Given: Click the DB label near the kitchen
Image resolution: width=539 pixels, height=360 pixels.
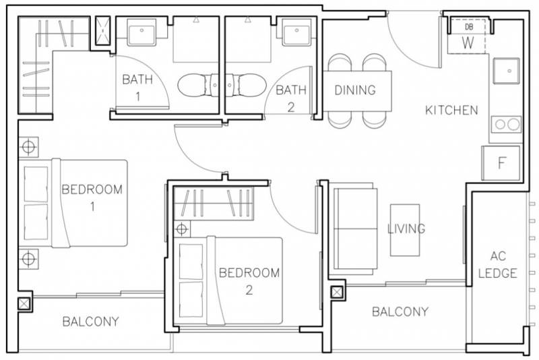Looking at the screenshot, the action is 468,27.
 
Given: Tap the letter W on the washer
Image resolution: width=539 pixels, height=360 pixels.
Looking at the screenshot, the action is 468,43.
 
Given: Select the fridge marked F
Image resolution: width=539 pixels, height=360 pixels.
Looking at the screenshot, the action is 501,163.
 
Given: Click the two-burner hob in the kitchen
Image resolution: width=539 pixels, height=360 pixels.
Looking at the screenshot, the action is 506,124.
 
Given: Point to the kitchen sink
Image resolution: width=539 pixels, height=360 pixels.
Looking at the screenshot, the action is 506,71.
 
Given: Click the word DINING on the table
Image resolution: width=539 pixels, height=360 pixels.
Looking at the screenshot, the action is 355,90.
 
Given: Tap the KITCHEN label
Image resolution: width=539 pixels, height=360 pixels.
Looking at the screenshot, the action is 451,110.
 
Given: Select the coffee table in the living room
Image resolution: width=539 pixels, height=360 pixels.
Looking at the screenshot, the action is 405,230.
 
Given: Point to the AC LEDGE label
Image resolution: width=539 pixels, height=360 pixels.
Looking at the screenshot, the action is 497,264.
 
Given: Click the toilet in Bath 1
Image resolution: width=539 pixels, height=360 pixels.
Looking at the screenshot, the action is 197,85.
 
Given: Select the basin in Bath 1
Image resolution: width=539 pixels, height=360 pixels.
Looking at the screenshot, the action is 141,32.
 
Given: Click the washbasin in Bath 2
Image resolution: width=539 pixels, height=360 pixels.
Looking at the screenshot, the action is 296,32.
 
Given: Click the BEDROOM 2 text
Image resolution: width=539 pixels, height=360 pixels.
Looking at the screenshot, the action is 249,281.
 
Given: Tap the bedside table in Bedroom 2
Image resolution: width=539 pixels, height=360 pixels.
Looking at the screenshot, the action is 182,229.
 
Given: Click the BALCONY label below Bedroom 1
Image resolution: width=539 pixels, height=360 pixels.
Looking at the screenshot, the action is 91,322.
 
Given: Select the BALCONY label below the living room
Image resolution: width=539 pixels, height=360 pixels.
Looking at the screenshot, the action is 400,312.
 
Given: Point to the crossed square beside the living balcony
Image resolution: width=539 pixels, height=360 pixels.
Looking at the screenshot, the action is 336,293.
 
